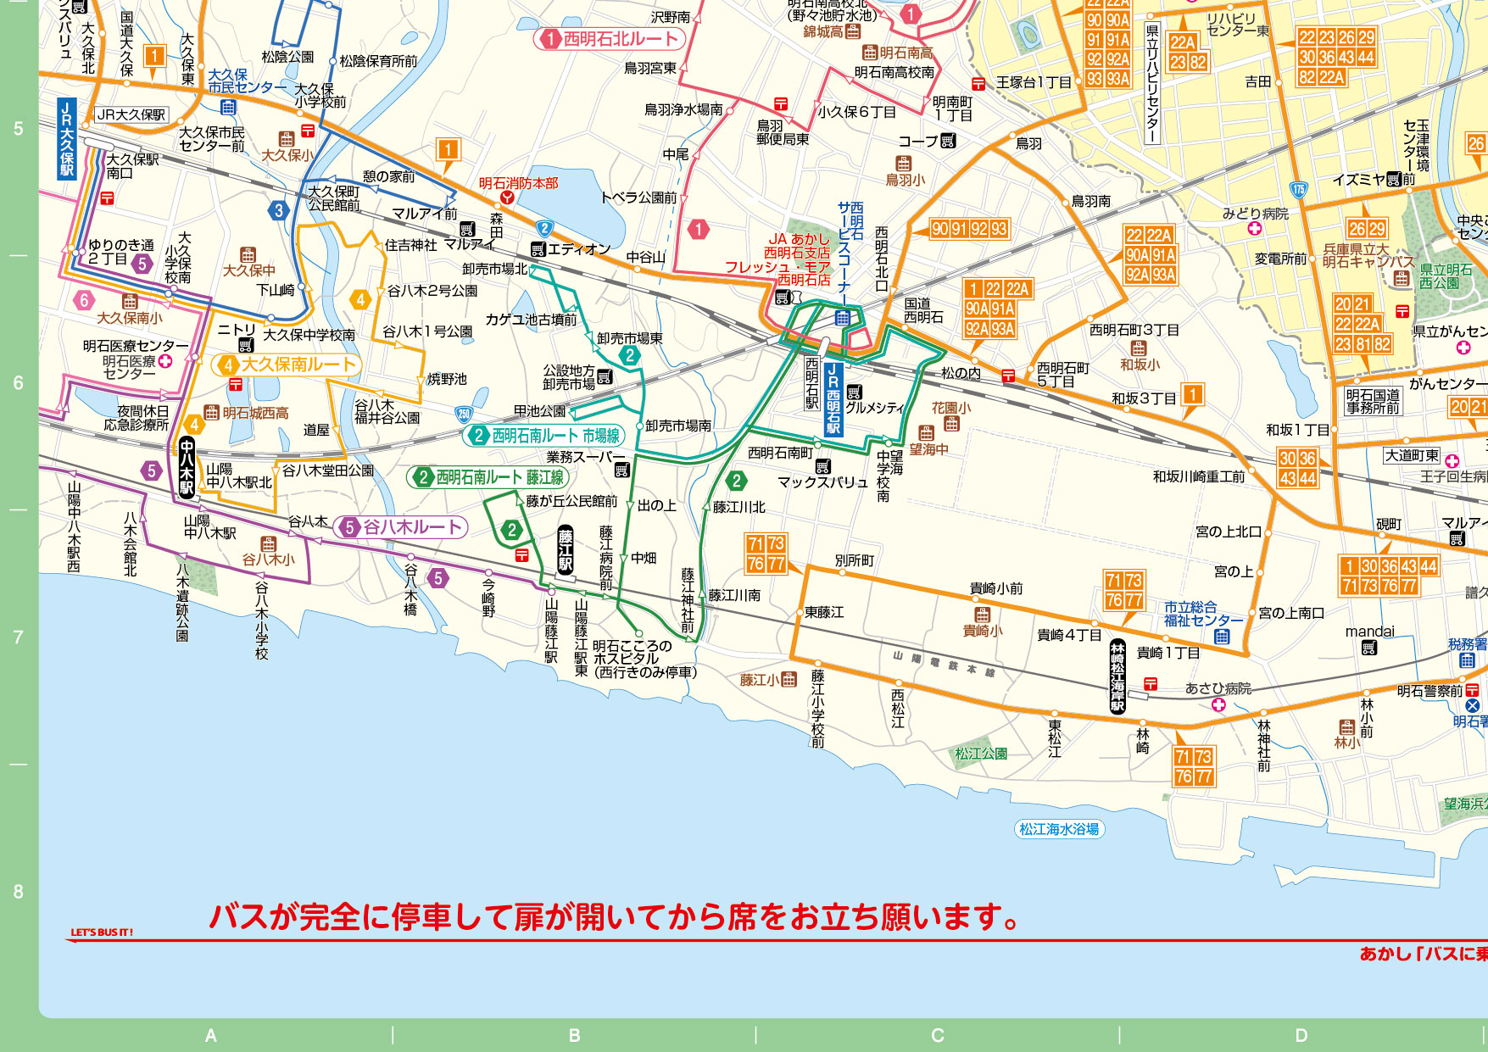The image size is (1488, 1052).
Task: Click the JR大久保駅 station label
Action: [x=66, y=139]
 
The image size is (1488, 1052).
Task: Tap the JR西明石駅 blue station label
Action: [x=833, y=398]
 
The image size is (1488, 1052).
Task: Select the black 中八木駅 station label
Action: [x=187, y=466]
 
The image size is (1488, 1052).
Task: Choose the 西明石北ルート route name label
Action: [x=610, y=39]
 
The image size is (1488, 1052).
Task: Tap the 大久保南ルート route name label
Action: [x=287, y=365]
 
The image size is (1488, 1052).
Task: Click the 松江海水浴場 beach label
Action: [x=1059, y=829]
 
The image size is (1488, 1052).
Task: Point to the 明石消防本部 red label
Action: [x=518, y=183]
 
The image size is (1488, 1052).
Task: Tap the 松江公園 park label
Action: [x=981, y=753]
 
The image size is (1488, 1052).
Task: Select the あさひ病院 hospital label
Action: [x=1218, y=688]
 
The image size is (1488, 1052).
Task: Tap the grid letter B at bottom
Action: [x=574, y=1035]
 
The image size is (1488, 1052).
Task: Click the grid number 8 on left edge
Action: [x=18, y=891]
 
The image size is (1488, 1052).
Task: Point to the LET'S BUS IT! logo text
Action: [x=101, y=932]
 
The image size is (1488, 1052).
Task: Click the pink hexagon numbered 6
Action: [x=83, y=300]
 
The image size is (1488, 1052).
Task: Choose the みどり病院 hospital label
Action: [x=1255, y=214]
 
